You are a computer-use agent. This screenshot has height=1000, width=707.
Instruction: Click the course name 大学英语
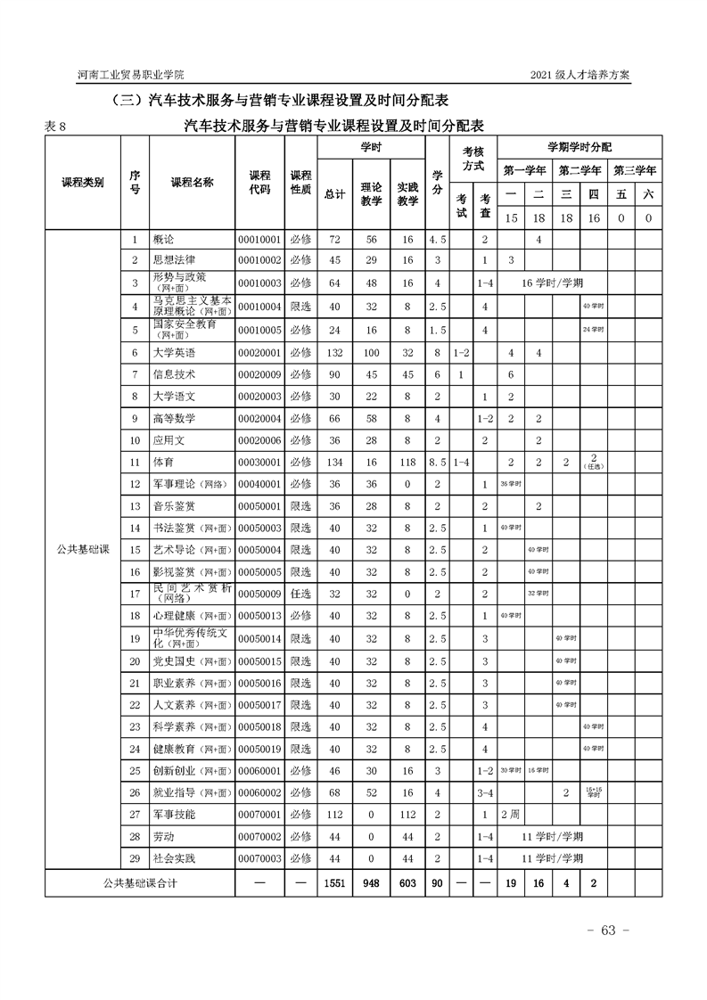pyautogui.click(x=174, y=353)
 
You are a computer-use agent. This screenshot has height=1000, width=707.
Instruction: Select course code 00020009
pyautogui.click(x=259, y=374)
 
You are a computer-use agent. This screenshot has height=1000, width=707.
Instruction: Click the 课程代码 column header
pyautogui.click(x=259, y=182)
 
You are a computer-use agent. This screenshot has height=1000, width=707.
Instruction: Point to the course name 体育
pyautogui.click(x=163, y=463)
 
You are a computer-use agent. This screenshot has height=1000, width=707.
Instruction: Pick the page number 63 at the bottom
pyautogui.click(x=609, y=930)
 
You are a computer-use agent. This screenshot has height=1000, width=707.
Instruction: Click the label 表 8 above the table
pyautogui.click(x=55, y=127)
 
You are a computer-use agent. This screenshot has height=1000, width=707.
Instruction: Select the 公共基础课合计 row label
pyautogui.click(x=140, y=882)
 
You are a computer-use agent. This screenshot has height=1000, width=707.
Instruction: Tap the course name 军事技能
pyautogui.click(x=174, y=815)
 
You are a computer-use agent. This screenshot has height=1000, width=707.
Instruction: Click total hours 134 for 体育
pyautogui.click(x=334, y=463)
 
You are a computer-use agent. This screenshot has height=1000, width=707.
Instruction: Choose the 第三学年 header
pyautogui.click(x=634, y=169)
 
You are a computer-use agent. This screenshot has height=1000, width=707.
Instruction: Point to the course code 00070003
pyautogui.click(x=259, y=858)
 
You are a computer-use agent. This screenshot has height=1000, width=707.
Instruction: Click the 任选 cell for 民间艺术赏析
pyautogui.click(x=300, y=594)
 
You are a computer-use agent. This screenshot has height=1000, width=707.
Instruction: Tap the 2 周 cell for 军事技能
pyautogui.click(x=511, y=815)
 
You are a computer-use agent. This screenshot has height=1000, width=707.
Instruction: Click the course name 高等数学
pyautogui.click(x=174, y=419)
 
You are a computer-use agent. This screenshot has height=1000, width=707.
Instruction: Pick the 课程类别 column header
pyautogui.click(x=82, y=182)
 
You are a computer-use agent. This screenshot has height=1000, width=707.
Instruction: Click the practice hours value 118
pyautogui.click(x=407, y=463)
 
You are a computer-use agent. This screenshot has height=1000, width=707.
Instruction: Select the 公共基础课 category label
pyautogui.click(x=82, y=550)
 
